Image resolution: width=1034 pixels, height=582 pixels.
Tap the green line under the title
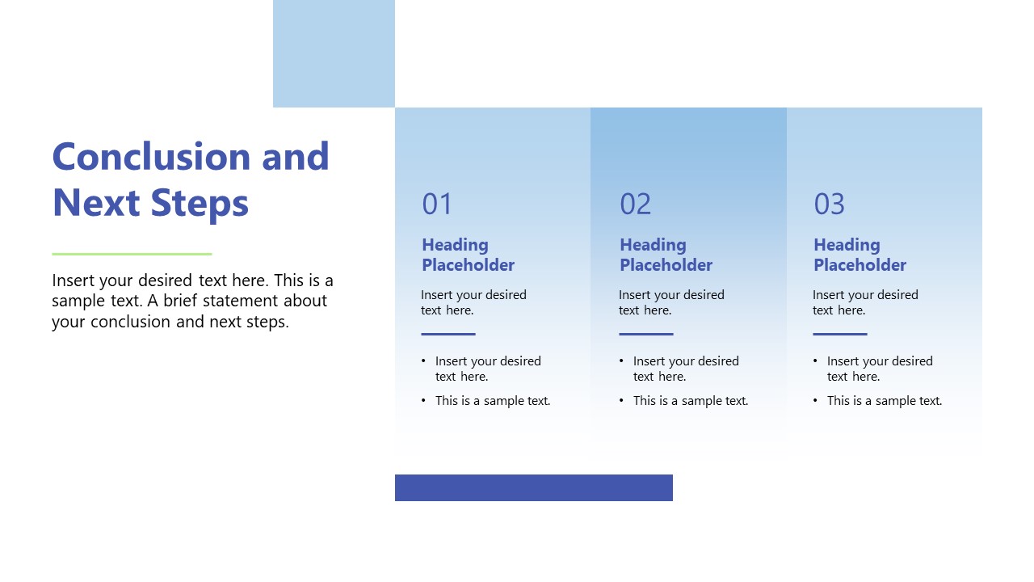pyautogui.click(x=132, y=254)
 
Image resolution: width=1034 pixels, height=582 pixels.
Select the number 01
pyautogui.click(x=437, y=204)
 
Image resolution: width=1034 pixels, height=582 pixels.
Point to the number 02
pyautogui.click(x=635, y=204)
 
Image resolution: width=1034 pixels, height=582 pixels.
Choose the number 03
pyautogui.click(x=829, y=204)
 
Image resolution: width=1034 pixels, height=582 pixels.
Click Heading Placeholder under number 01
pyautogui.click(x=468, y=255)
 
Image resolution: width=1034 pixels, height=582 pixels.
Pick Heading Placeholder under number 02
pyautogui.click(x=666, y=255)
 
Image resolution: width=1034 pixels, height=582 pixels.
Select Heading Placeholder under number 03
pyautogui.click(x=860, y=255)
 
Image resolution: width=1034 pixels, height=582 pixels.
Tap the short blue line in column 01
pyautogui.click(x=448, y=334)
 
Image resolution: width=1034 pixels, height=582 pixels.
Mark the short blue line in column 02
pyautogui.click(x=646, y=334)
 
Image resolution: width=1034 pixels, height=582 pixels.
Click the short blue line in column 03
pyautogui.click(x=840, y=334)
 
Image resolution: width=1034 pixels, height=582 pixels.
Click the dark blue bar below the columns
pyautogui.click(x=533, y=487)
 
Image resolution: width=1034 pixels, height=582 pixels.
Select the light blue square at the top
pyautogui.click(x=334, y=53)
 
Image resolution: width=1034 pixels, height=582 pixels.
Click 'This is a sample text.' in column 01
pyautogui.click(x=493, y=401)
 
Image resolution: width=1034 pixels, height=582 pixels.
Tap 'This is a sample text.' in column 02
pyautogui.click(x=691, y=401)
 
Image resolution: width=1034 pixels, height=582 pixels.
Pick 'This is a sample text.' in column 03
pyautogui.click(x=885, y=401)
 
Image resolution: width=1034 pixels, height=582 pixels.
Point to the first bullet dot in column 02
pyautogui.click(x=622, y=361)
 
